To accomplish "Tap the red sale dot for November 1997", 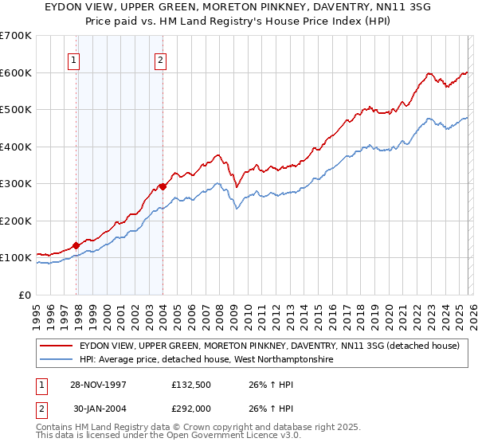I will (76, 245).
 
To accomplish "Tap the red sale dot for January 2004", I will (163, 186).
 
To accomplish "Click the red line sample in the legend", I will (57, 346).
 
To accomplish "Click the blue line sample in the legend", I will (57, 360).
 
